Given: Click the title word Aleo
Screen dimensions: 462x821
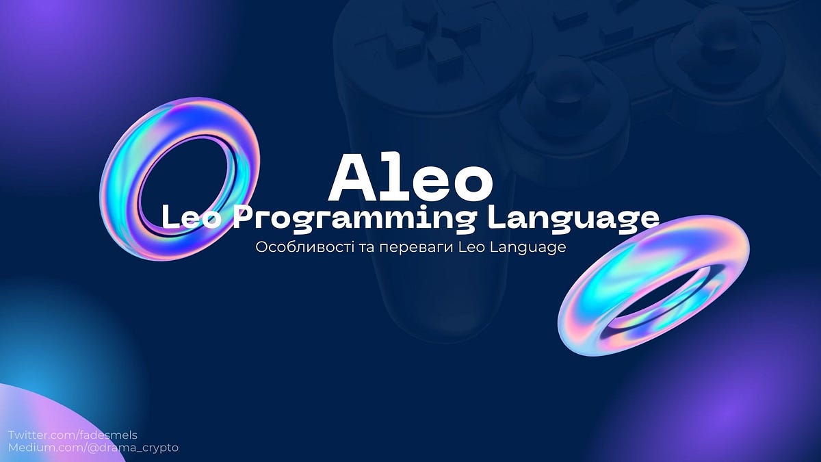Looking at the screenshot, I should pyautogui.click(x=410, y=177).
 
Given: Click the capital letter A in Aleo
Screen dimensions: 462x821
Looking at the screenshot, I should pyautogui.click(x=355, y=177).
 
